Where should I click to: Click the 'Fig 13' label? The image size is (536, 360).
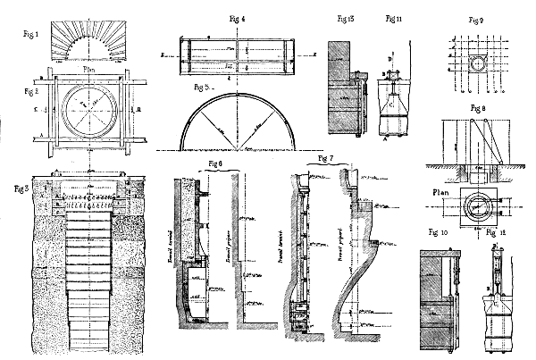(347, 17)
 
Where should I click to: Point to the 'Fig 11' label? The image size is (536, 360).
(392, 17)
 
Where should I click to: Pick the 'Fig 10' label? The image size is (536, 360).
(441, 231)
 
